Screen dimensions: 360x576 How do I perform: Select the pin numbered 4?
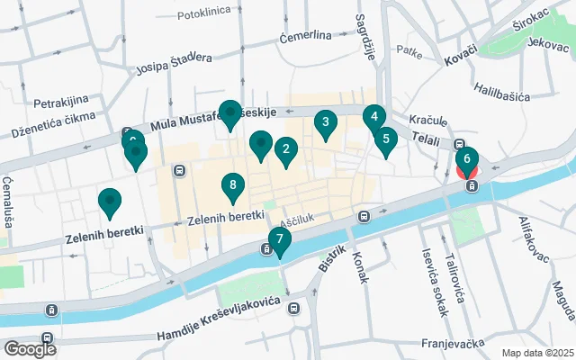tap(374, 117)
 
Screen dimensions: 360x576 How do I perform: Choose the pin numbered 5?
tap(385, 139)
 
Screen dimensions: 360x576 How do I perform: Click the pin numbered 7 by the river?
tap(279, 239)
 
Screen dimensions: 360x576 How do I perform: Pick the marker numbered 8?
tap(232, 186)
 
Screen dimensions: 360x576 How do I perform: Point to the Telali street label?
tap(421, 140)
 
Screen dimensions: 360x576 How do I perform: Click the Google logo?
tap(30, 348)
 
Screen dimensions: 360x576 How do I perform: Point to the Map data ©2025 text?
tap(536, 352)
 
